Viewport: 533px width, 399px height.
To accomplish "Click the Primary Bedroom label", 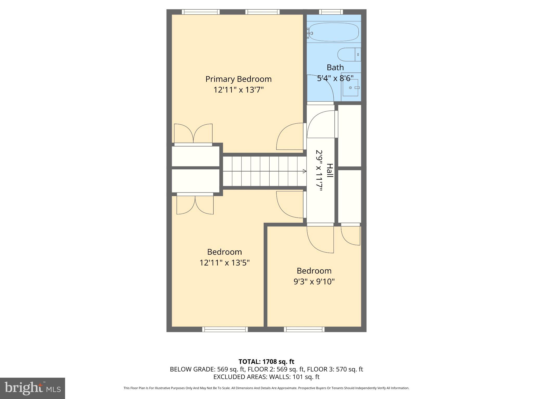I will [x=238, y=79].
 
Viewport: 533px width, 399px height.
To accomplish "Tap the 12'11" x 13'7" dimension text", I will [x=238, y=90].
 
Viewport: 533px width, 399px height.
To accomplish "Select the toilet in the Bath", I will [x=349, y=55].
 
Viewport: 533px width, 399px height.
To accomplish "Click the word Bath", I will [x=335, y=68].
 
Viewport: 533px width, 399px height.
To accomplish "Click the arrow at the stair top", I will [x=304, y=171].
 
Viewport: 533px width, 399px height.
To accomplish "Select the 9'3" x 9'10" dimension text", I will [x=314, y=282].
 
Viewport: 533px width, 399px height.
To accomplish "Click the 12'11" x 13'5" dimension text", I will [x=224, y=263].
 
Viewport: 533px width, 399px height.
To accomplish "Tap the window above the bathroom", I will [x=331, y=12].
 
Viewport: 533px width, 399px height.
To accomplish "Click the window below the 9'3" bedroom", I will [x=304, y=329].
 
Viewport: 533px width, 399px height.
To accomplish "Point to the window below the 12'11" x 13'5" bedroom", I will [x=225, y=329].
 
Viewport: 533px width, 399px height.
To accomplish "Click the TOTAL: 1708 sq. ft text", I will [x=266, y=362].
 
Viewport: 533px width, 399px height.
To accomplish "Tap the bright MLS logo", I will [x=32, y=388].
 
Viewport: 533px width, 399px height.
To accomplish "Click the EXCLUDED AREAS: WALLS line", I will [x=266, y=377].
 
